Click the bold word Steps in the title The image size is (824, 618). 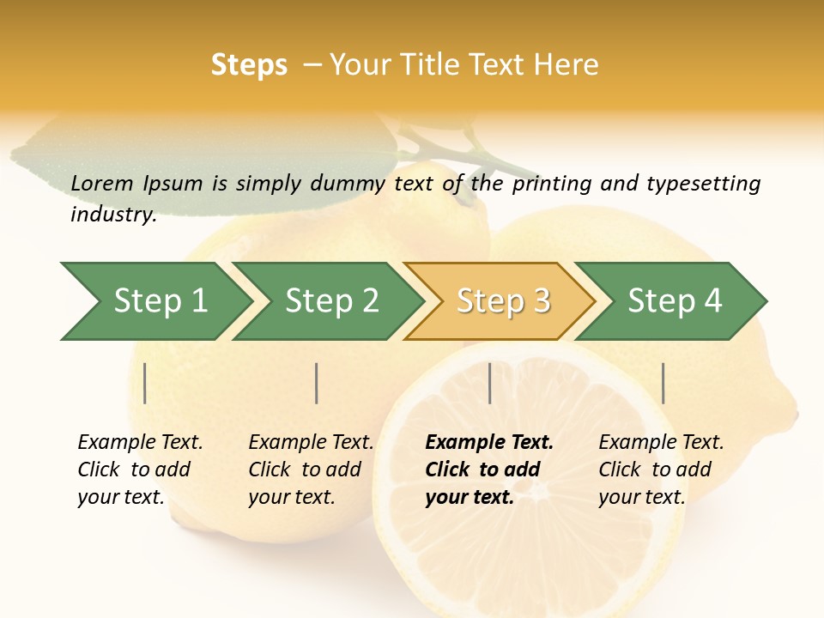pos(249,65)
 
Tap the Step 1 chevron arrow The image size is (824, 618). pos(160,301)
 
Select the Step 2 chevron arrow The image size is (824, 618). pos(331,301)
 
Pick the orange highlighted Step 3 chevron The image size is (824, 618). pos(503,301)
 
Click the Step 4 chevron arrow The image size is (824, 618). pos(675,301)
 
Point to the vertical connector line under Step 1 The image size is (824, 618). pos(145,383)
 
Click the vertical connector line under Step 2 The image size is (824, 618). pos(317,383)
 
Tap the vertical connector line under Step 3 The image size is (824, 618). pos(489,383)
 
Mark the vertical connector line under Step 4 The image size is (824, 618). pos(663,383)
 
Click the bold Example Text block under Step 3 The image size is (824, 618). pos(489,470)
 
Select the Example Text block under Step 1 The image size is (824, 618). pos(140,470)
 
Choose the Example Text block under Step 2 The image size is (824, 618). pos(311,470)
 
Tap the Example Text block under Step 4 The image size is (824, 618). pos(661,470)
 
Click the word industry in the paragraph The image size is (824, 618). pos(112,215)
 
